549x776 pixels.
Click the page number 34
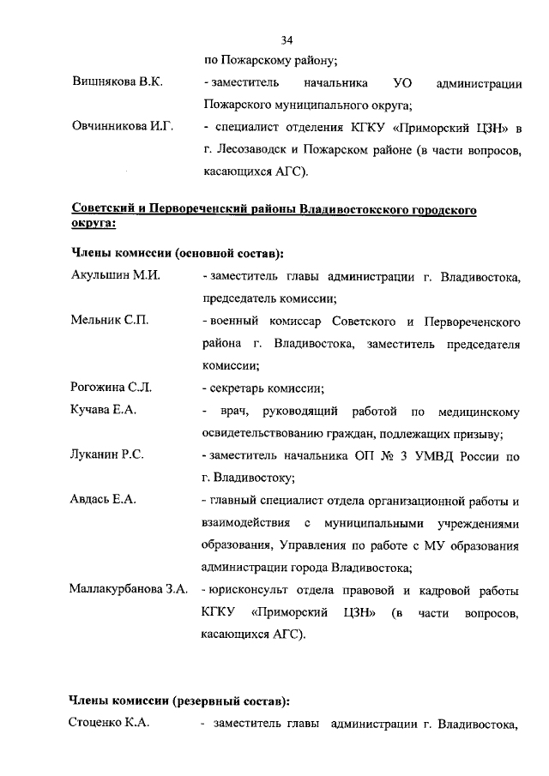pyautogui.click(x=287, y=39)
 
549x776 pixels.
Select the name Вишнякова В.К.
pyautogui.click(x=117, y=83)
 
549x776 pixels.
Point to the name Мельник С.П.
pyautogui.click(x=110, y=322)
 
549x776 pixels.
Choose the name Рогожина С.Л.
pyautogui.click(x=112, y=388)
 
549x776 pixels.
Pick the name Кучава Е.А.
pyautogui.click(x=103, y=411)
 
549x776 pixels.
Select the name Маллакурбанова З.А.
pyautogui.click(x=130, y=590)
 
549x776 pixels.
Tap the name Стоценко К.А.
pyautogui.click(x=110, y=724)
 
